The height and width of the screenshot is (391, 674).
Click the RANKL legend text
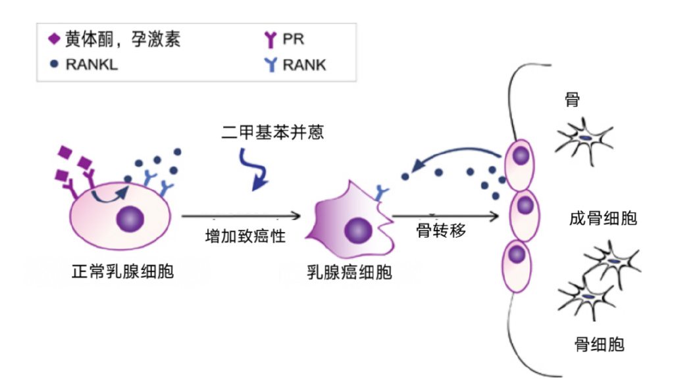point(91,64)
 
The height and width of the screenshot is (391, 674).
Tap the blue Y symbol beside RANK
point(270,64)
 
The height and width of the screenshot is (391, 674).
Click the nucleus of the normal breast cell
point(130,218)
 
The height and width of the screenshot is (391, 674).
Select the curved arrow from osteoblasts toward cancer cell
point(454,159)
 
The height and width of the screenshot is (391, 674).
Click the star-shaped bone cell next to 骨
point(584,140)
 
